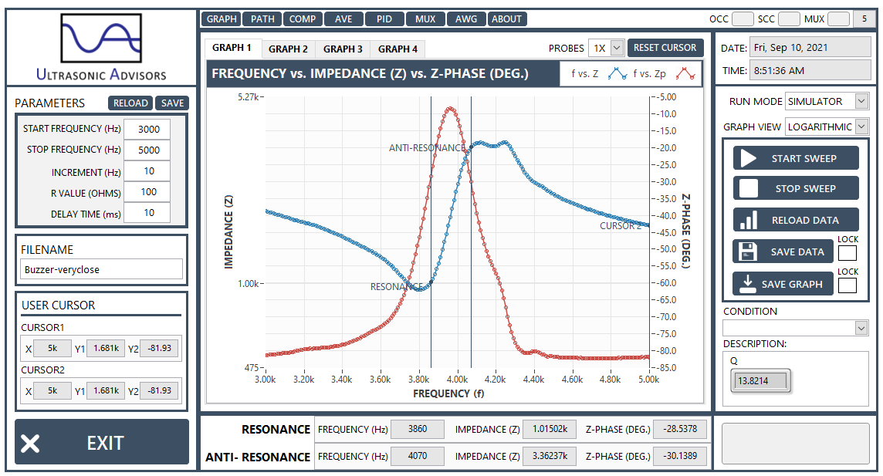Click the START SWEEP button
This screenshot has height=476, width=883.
(x=796, y=158)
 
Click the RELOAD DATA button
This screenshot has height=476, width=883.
(x=796, y=220)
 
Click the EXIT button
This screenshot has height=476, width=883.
(x=102, y=443)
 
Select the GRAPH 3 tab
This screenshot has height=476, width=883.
(x=343, y=49)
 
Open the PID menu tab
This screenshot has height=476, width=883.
(x=384, y=19)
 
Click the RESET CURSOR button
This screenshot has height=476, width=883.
(x=665, y=48)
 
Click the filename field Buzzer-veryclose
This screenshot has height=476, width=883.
(x=101, y=269)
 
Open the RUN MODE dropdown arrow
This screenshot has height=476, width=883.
(x=861, y=101)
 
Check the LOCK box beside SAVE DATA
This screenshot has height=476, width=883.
(x=847, y=252)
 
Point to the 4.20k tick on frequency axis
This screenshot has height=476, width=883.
(x=495, y=380)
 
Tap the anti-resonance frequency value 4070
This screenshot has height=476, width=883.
(x=418, y=456)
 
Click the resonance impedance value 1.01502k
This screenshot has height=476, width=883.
(x=550, y=429)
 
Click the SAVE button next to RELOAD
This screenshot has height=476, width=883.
(x=172, y=103)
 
